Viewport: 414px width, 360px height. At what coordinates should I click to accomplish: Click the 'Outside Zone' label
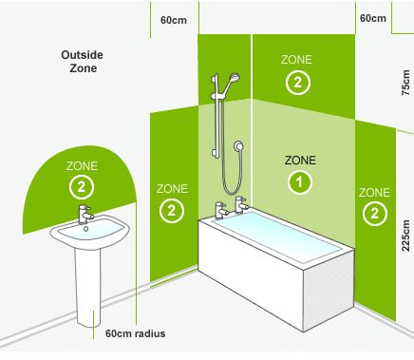82,62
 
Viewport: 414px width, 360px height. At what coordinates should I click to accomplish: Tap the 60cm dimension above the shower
174,20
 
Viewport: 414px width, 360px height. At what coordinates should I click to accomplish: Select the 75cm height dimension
405,83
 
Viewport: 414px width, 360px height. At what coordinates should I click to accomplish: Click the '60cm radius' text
135,333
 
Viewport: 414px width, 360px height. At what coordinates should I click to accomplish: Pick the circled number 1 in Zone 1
299,182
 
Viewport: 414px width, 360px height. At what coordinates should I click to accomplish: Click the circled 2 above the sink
82,187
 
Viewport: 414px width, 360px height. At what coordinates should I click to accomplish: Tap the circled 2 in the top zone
297,83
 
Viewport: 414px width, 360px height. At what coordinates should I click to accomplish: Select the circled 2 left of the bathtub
172,211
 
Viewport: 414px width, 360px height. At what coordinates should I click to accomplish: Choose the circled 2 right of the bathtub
374,214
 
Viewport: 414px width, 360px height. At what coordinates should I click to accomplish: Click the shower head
235,78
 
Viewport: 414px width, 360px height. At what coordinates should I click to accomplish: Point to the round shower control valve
238,146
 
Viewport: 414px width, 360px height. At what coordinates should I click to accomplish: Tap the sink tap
85,214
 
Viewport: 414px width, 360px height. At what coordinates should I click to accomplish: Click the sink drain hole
85,229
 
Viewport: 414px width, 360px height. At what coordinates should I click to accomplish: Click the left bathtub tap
221,211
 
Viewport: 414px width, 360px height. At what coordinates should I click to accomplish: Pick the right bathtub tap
241,204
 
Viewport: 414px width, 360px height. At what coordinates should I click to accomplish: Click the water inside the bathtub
276,237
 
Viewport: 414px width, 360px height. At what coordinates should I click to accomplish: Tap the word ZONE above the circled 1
300,161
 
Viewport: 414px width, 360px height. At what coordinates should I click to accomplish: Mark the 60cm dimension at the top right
373,18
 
